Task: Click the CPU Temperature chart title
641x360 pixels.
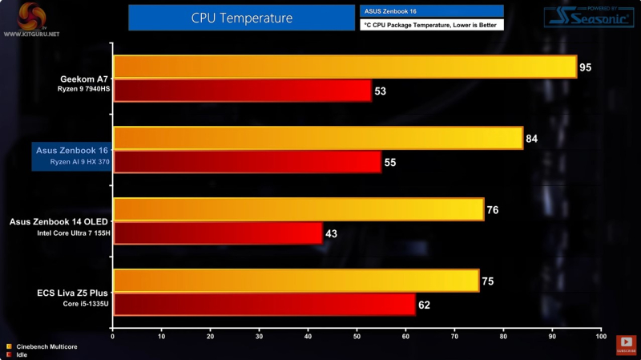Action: click(x=242, y=18)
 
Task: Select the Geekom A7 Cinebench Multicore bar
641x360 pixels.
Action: click(x=345, y=67)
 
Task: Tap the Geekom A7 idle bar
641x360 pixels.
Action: click(x=242, y=91)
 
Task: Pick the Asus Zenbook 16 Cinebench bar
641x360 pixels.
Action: click(x=317, y=138)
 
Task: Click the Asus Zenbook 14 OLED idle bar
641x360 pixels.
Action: click(x=217, y=233)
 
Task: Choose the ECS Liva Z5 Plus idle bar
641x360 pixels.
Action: click(x=264, y=304)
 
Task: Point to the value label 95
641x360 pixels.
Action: click(x=586, y=67)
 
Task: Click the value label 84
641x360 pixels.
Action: click(x=532, y=139)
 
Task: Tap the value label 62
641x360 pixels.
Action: click(x=425, y=305)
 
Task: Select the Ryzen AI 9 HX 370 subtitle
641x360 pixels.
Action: click(x=77, y=162)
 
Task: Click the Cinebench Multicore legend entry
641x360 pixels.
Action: click(x=41, y=346)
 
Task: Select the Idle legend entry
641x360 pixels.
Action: click(x=22, y=354)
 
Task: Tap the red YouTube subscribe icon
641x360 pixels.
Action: click(x=626, y=343)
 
